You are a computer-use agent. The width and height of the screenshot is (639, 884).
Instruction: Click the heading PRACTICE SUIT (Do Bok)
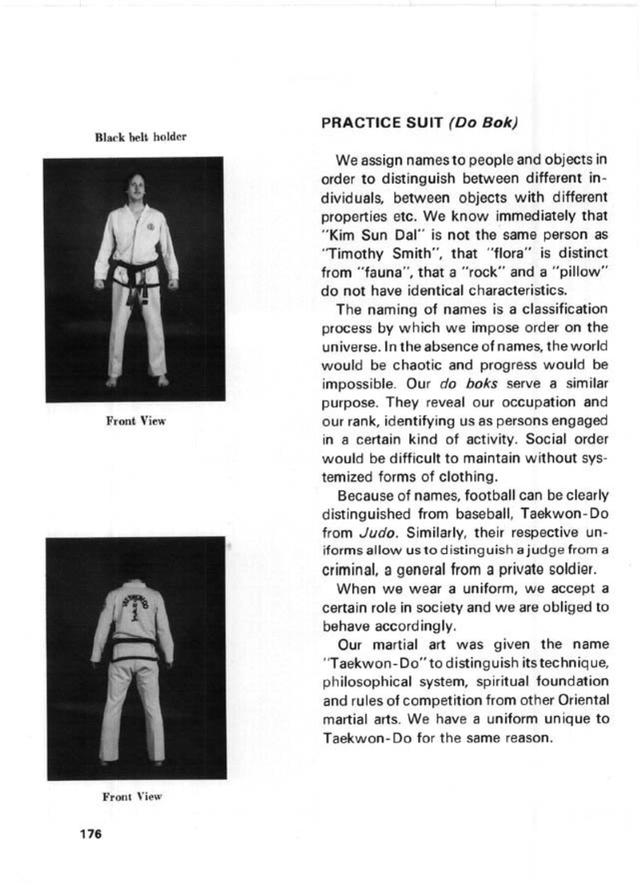tap(419, 123)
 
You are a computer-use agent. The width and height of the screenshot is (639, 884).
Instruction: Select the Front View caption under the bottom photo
tap(132, 796)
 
